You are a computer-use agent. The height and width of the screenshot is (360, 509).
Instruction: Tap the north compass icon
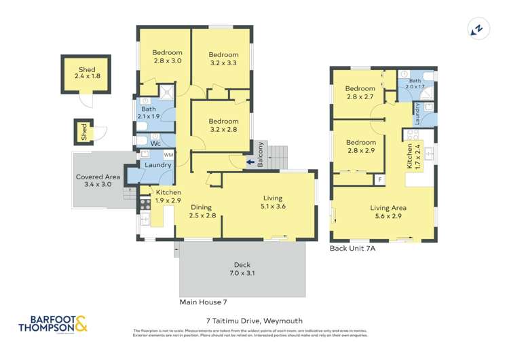(x=478, y=29)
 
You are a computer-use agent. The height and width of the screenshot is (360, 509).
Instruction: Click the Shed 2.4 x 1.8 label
(x=87, y=73)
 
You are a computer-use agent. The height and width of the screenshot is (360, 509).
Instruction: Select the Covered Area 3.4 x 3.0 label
(x=98, y=180)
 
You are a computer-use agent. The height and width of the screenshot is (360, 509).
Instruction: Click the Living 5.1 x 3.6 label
(x=272, y=202)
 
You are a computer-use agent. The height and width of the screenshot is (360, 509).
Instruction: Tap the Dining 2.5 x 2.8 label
(x=202, y=211)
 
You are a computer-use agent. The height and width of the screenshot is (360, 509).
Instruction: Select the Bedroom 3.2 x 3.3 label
(x=223, y=59)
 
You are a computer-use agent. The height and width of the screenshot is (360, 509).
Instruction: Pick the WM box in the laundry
(x=168, y=156)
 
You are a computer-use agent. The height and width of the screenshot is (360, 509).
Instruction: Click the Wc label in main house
(x=155, y=144)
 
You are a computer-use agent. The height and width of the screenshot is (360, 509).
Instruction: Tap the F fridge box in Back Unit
(x=380, y=180)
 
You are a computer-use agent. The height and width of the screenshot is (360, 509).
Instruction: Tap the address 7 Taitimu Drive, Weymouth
(x=254, y=321)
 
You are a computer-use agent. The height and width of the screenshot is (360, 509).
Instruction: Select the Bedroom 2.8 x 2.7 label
(x=360, y=92)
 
